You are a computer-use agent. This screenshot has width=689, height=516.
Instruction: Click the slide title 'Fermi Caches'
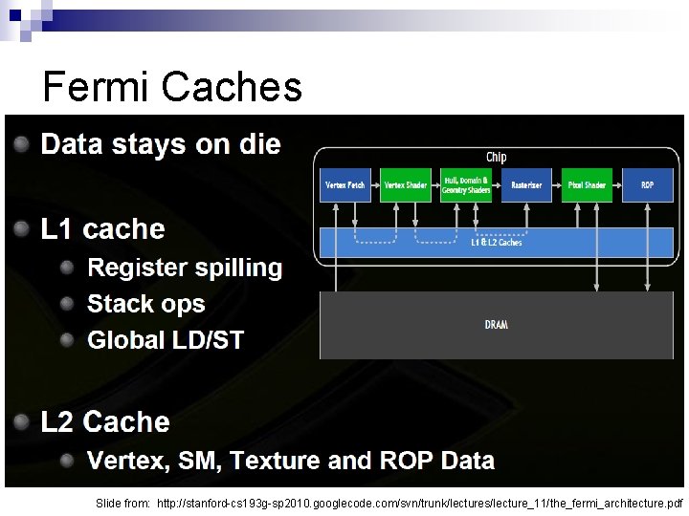tap(172, 88)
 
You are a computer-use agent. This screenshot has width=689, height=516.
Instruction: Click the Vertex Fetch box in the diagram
tap(344, 184)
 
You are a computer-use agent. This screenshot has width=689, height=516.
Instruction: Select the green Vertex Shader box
tap(405, 184)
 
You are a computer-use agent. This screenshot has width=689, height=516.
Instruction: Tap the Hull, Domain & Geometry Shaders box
tap(466, 184)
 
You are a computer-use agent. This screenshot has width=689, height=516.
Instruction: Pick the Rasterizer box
tap(526, 184)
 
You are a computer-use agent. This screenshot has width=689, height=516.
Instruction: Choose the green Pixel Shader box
tap(587, 184)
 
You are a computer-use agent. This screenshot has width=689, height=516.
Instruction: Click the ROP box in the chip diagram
tap(648, 184)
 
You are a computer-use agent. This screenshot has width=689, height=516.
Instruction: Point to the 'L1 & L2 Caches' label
tap(496, 243)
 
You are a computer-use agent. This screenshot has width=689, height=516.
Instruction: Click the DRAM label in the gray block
tap(496, 325)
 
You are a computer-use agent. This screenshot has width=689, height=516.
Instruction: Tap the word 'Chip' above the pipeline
tap(496, 157)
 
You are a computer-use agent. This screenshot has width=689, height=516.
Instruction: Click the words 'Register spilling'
tap(185, 268)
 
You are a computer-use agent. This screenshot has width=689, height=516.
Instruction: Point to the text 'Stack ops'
tap(146, 304)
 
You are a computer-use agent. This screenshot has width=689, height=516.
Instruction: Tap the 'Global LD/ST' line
tap(166, 339)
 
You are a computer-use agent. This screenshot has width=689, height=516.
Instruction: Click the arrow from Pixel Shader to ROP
tap(617, 184)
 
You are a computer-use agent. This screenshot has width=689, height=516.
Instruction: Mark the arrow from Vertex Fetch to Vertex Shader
tap(375, 184)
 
